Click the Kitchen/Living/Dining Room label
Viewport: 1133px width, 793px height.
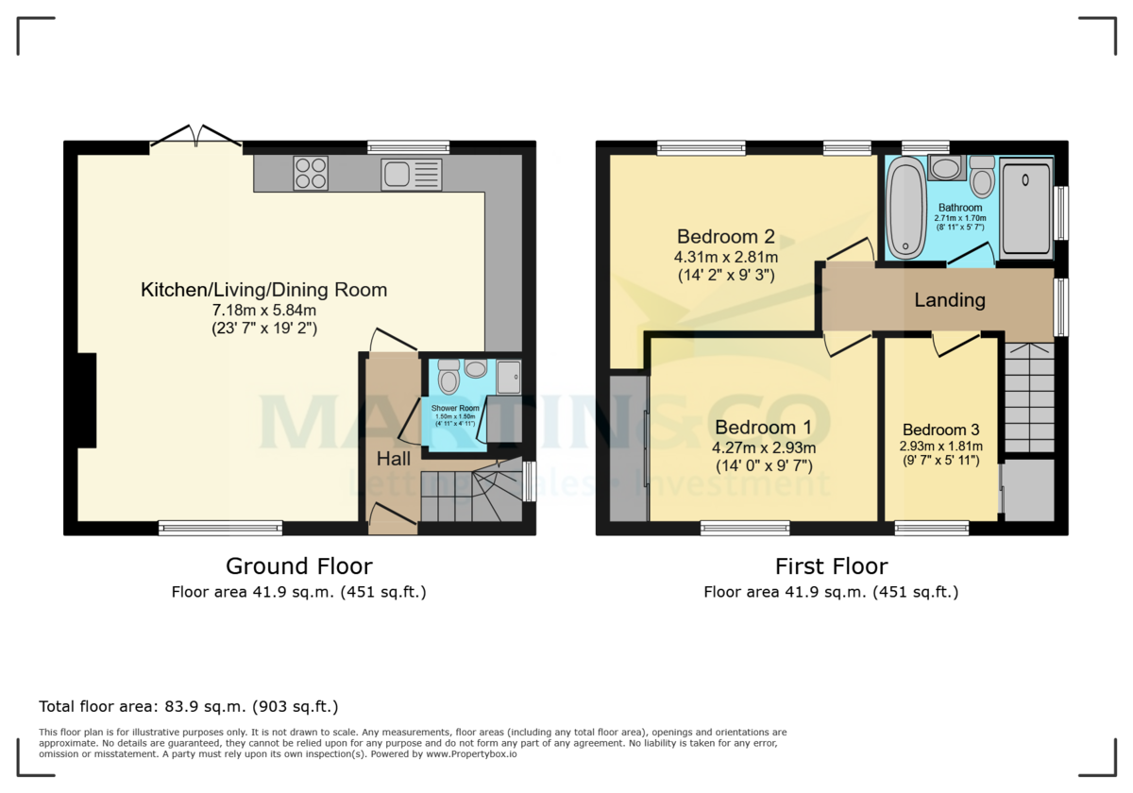tap(263, 290)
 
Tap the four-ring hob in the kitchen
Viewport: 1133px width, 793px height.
tap(311, 174)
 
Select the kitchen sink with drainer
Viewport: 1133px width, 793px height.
tap(411, 175)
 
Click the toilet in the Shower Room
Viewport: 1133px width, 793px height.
tap(449, 378)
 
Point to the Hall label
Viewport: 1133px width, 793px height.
tap(394, 459)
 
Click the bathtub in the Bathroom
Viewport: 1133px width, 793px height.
tap(907, 209)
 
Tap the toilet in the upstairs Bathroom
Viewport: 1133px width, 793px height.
tap(982, 177)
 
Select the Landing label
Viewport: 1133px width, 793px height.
tap(949, 300)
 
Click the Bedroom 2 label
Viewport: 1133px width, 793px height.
tap(719, 236)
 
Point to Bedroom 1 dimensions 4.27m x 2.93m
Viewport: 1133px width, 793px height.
tap(764, 447)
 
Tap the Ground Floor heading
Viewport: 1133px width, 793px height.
tap(298, 566)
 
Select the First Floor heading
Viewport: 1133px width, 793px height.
tap(831, 566)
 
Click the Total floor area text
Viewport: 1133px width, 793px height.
tap(188, 706)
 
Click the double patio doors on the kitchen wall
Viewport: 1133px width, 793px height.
tap(195, 138)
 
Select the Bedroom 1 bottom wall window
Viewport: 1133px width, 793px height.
tap(745, 528)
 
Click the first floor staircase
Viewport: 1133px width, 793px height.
tap(1029, 396)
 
